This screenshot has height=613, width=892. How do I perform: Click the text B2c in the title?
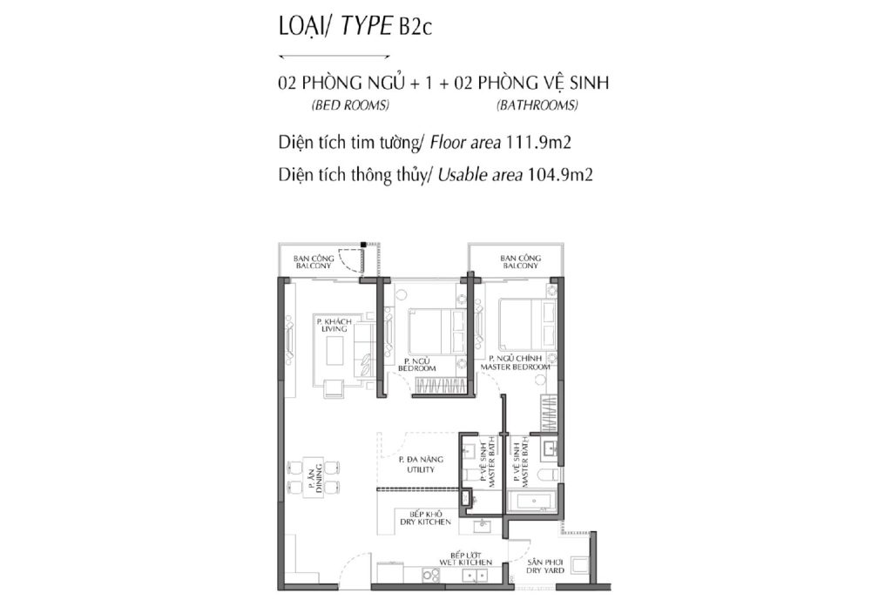(x=416, y=27)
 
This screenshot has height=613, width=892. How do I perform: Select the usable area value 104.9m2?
(x=560, y=174)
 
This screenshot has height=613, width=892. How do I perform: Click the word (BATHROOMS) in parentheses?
(x=537, y=105)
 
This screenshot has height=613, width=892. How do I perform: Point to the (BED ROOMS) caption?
(x=350, y=105)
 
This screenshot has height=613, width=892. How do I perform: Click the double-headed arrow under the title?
(x=334, y=57)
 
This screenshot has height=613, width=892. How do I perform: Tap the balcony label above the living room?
(x=314, y=262)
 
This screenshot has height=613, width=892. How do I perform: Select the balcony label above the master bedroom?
(x=521, y=262)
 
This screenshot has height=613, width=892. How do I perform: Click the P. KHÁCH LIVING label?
(x=334, y=326)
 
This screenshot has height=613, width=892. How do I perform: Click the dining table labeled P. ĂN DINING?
(x=314, y=476)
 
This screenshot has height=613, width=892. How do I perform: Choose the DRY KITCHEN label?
(x=425, y=518)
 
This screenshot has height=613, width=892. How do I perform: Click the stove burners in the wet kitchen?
(x=431, y=576)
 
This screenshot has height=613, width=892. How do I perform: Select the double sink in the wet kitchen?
(x=474, y=576)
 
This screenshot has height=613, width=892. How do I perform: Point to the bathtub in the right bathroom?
(x=532, y=502)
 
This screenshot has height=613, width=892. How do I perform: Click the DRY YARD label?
(x=545, y=566)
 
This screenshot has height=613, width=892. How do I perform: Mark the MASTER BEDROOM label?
(x=516, y=363)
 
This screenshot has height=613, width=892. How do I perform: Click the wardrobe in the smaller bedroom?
(x=438, y=386)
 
